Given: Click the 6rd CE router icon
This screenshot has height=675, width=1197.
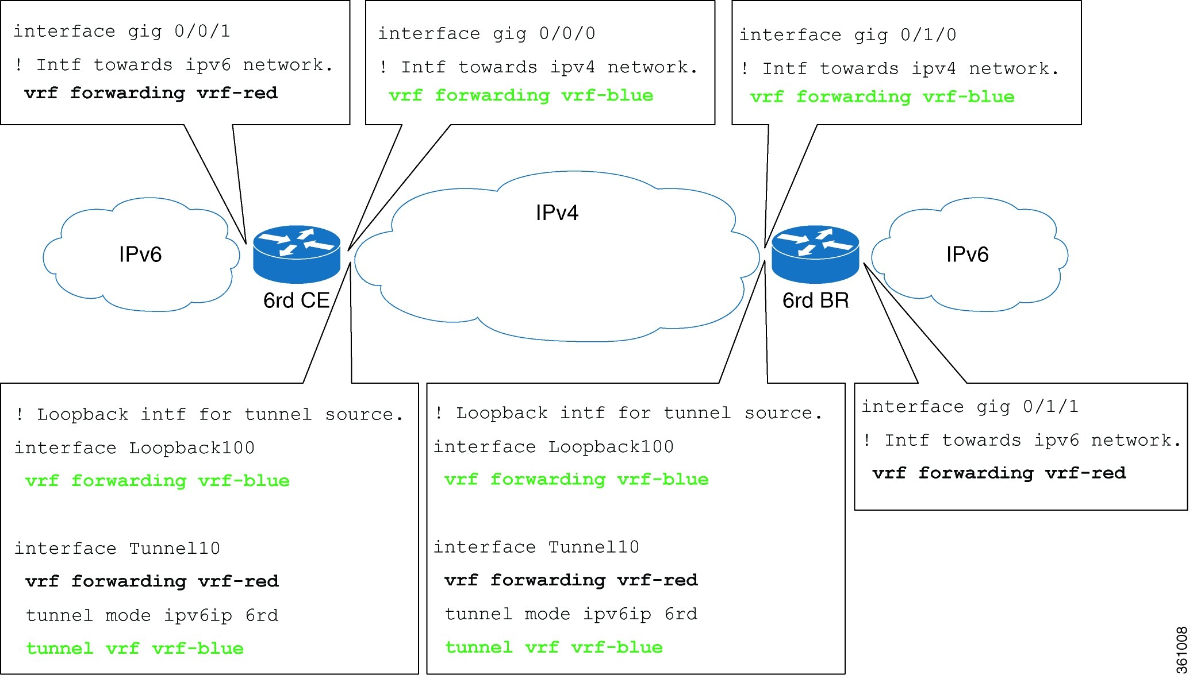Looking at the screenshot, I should [x=297, y=254].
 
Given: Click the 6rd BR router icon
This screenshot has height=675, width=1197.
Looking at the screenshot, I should [x=815, y=254].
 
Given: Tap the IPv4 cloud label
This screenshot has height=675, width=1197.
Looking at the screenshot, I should [x=557, y=213].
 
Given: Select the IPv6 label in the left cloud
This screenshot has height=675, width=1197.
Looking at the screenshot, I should [x=140, y=254].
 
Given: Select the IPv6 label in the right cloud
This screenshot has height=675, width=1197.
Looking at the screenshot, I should [x=967, y=254].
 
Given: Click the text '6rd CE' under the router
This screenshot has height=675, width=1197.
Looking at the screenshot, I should [x=296, y=300].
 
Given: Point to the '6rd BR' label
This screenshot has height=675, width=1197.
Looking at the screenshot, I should [x=815, y=300].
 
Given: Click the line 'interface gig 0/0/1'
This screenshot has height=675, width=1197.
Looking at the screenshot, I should [x=122, y=31].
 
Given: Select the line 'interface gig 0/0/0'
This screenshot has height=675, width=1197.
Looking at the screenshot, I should [x=486, y=33].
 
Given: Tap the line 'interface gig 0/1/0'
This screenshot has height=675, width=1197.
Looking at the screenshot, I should [x=847, y=35].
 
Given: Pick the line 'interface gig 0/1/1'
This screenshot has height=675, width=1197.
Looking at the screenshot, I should [x=970, y=407].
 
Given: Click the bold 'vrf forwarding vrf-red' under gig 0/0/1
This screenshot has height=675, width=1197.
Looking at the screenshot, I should [x=151, y=93].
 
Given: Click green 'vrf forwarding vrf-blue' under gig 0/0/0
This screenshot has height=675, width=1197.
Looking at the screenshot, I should [x=521, y=95].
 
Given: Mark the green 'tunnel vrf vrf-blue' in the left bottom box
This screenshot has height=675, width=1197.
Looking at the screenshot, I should [x=135, y=649].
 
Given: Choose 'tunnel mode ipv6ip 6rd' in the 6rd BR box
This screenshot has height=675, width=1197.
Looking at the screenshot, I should [x=571, y=614].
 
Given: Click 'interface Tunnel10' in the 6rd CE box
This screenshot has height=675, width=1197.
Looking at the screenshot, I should [x=117, y=549].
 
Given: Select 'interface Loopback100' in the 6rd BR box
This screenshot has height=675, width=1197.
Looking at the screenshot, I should [x=553, y=447].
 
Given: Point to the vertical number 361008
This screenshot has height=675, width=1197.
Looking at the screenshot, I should [x=1181, y=649].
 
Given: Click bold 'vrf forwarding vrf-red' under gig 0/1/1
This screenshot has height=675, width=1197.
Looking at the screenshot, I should [x=999, y=473].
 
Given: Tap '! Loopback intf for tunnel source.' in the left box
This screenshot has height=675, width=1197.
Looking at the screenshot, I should [x=209, y=414].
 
